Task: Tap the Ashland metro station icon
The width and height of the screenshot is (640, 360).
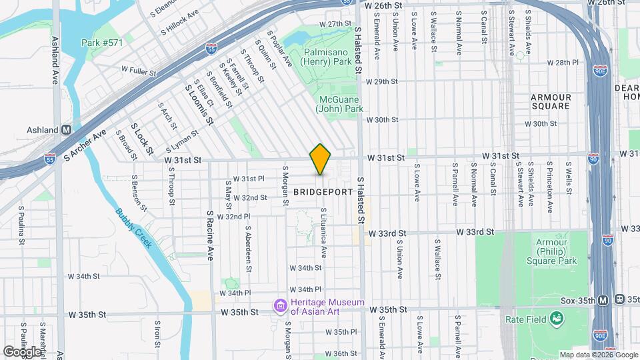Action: coord(67,130)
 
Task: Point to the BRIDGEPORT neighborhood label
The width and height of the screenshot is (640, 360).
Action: coord(323,191)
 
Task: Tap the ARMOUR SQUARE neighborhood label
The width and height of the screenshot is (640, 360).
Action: coord(551,101)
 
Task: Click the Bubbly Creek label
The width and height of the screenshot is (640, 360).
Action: coord(133,227)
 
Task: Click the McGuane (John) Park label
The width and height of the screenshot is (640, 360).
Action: coord(340,104)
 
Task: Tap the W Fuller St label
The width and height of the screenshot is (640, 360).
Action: coord(138,69)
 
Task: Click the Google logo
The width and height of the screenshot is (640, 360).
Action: coord(22,351)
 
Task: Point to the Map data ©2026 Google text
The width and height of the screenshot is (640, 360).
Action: coord(597,355)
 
